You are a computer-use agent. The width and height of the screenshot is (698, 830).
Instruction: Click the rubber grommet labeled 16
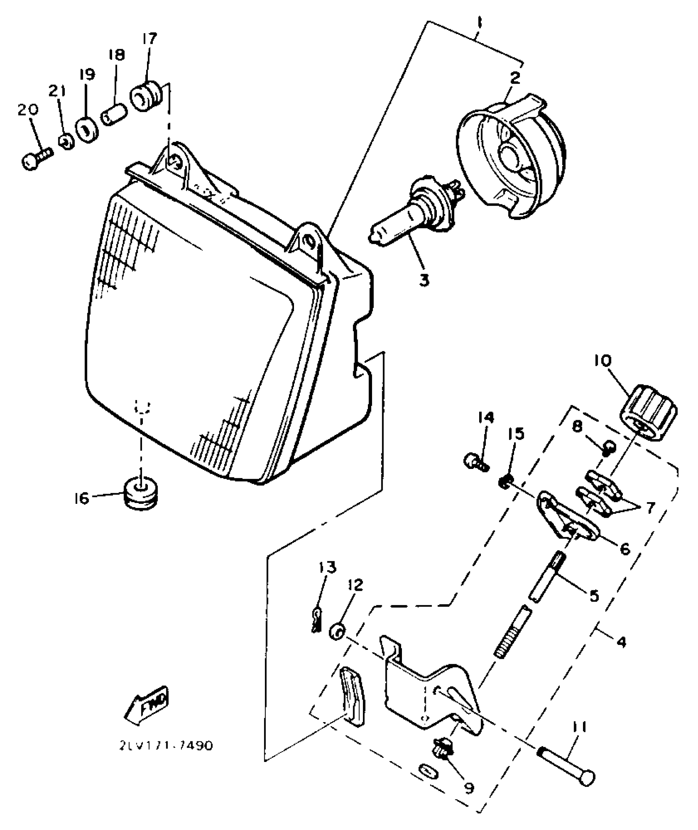coord(141,493)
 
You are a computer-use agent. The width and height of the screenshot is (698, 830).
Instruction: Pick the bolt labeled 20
coord(35,160)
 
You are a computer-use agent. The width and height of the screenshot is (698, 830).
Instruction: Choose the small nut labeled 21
coord(67,142)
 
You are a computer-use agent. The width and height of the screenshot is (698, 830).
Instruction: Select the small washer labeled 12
coord(338,631)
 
